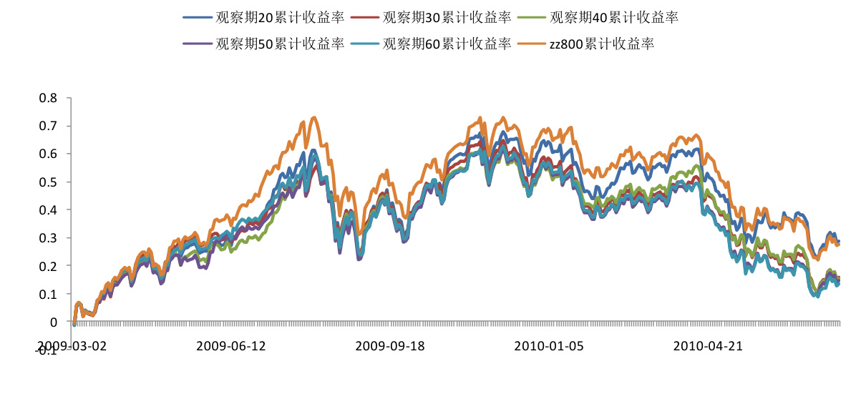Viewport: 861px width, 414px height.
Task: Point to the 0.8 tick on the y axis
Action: click(x=50, y=98)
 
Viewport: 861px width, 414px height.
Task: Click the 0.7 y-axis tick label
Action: click(x=50, y=126)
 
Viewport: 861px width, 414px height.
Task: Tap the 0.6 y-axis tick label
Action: click(x=50, y=154)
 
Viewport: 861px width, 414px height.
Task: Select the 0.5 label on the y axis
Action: click(x=50, y=182)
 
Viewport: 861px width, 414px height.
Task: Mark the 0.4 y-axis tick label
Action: click(x=50, y=210)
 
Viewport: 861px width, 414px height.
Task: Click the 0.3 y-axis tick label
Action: click(x=50, y=238)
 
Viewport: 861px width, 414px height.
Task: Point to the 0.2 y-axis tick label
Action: click(x=50, y=266)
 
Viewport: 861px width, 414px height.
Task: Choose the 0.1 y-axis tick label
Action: click(x=50, y=294)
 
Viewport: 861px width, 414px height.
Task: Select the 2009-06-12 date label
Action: click(x=230, y=346)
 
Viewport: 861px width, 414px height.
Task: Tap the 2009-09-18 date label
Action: click(x=390, y=346)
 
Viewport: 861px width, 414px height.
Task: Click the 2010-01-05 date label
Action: click(x=549, y=346)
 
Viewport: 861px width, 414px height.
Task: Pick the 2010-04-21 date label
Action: click(x=709, y=346)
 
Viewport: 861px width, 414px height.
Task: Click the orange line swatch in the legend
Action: click(x=531, y=44)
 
